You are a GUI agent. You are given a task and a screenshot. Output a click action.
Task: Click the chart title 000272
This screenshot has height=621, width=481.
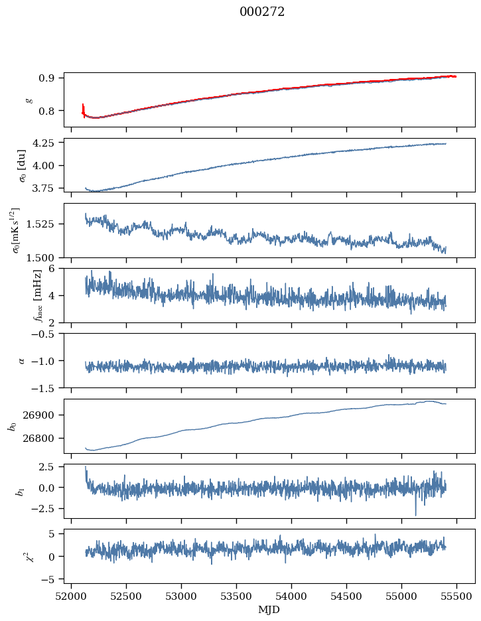click(x=262, y=12)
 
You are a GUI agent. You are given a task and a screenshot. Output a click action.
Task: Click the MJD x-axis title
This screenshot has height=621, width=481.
click(x=269, y=609)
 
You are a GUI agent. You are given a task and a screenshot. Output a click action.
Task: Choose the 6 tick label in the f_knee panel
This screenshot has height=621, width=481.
click(x=56, y=269)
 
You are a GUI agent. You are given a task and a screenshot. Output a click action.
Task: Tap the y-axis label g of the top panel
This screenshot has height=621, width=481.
click(x=29, y=100)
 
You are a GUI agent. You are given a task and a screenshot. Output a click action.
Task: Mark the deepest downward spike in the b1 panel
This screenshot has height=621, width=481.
click(x=416, y=514)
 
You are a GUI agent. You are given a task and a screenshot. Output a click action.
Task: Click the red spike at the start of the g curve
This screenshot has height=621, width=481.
click(x=83, y=107)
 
